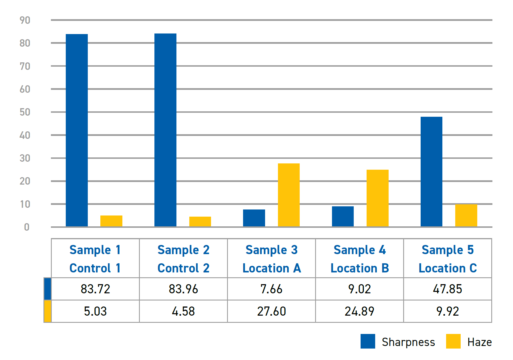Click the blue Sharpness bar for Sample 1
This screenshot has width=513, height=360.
[x=77, y=130]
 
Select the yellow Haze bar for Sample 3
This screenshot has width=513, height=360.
[x=289, y=195]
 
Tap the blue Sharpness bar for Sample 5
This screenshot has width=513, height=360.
[x=431, y=172]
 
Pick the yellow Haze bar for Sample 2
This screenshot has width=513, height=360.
[x=200, y=222]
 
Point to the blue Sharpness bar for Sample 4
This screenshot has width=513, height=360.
[x=343, y=217]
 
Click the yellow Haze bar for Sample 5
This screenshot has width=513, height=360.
[x=466, y=215]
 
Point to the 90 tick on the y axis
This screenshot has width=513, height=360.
[x=25, y=20]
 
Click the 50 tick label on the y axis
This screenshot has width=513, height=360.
[x=25, y=112]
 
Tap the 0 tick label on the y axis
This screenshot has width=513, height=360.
[x=27, y=227]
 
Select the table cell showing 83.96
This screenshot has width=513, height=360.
[x=183, y=289]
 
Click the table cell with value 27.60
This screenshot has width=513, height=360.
[x=271, y=311]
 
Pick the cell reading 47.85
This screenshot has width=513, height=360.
[x=448, y=289]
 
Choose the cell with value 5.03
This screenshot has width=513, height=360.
[x=95, y=311]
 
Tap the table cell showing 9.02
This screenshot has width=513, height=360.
[x=359, y=289]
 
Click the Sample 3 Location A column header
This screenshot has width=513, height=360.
[x=271, y=258]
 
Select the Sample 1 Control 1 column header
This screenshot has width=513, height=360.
[x=95, y=258]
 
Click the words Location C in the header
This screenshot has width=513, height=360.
[x=448, y=268]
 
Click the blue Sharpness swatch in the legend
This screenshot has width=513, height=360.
[x=368, y=341]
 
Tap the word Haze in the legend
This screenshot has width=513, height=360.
[x=480, y=342]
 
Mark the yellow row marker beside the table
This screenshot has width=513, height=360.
[x=47, y=311]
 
